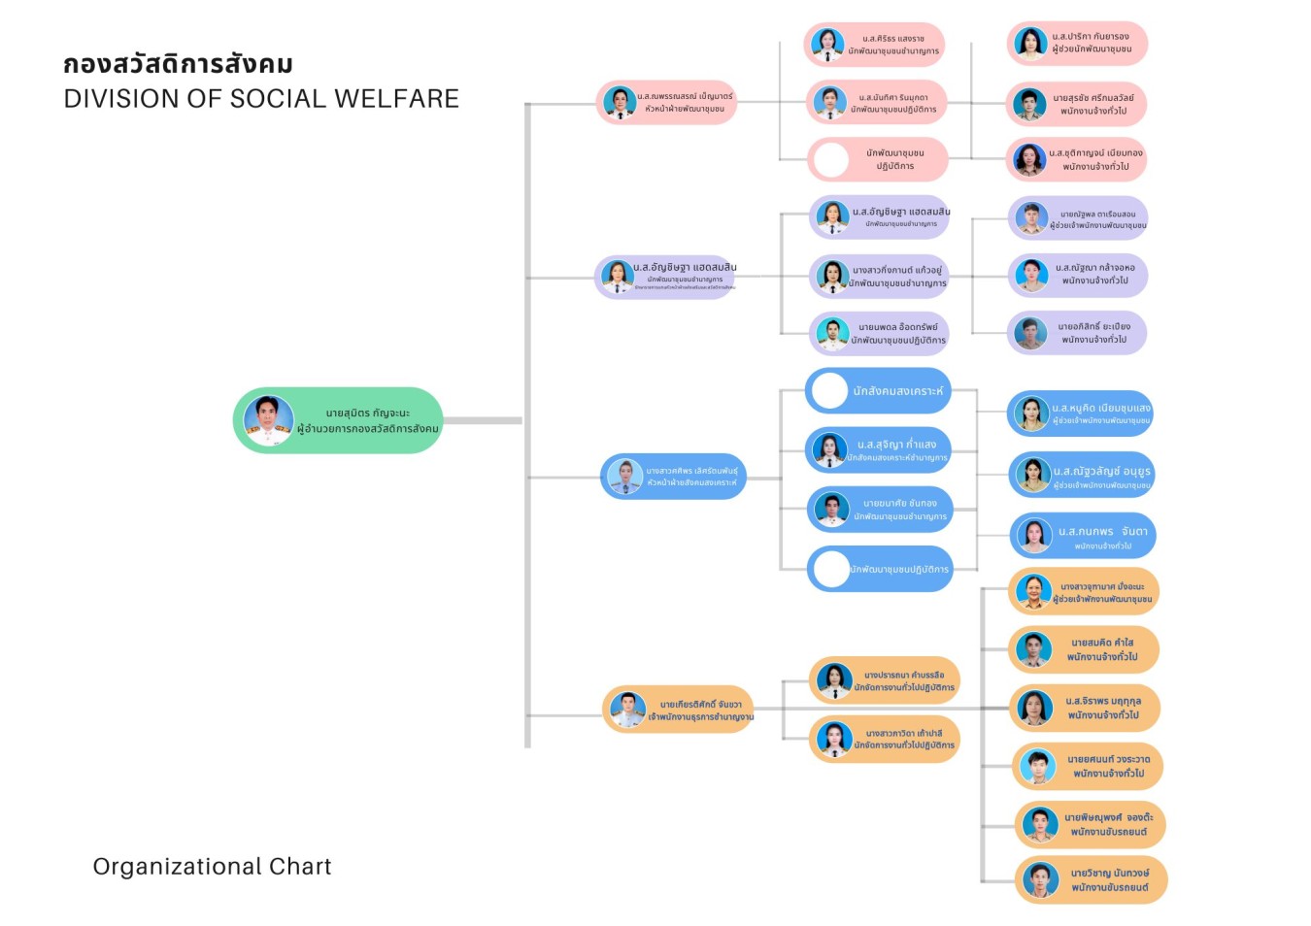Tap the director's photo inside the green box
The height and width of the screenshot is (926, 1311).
[268, 420]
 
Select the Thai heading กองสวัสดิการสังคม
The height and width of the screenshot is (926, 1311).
[178, 65]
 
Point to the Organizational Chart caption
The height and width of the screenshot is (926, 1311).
[212, 866]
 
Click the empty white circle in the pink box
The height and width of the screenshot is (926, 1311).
[831, 160]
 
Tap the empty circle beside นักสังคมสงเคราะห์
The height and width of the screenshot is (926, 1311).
[829, 391]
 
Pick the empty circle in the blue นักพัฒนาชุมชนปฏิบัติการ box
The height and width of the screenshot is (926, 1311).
[831, 570]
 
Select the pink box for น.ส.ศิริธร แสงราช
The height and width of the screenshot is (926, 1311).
[874, 45]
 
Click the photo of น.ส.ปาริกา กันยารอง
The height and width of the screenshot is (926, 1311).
[1029, 44]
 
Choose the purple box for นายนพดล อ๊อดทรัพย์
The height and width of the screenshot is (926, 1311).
[880, 334]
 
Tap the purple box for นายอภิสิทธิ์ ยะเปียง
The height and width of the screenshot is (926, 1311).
[1077, 333]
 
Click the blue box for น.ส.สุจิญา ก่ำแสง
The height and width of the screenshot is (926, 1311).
[878, 450]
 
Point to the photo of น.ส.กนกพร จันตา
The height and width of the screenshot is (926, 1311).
[1034, 536]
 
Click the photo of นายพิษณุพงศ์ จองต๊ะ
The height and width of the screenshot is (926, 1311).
[1040, 825]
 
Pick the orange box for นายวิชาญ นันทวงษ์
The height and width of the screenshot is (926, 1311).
[1091, 880]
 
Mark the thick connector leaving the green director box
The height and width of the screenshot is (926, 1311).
[483, 420]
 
